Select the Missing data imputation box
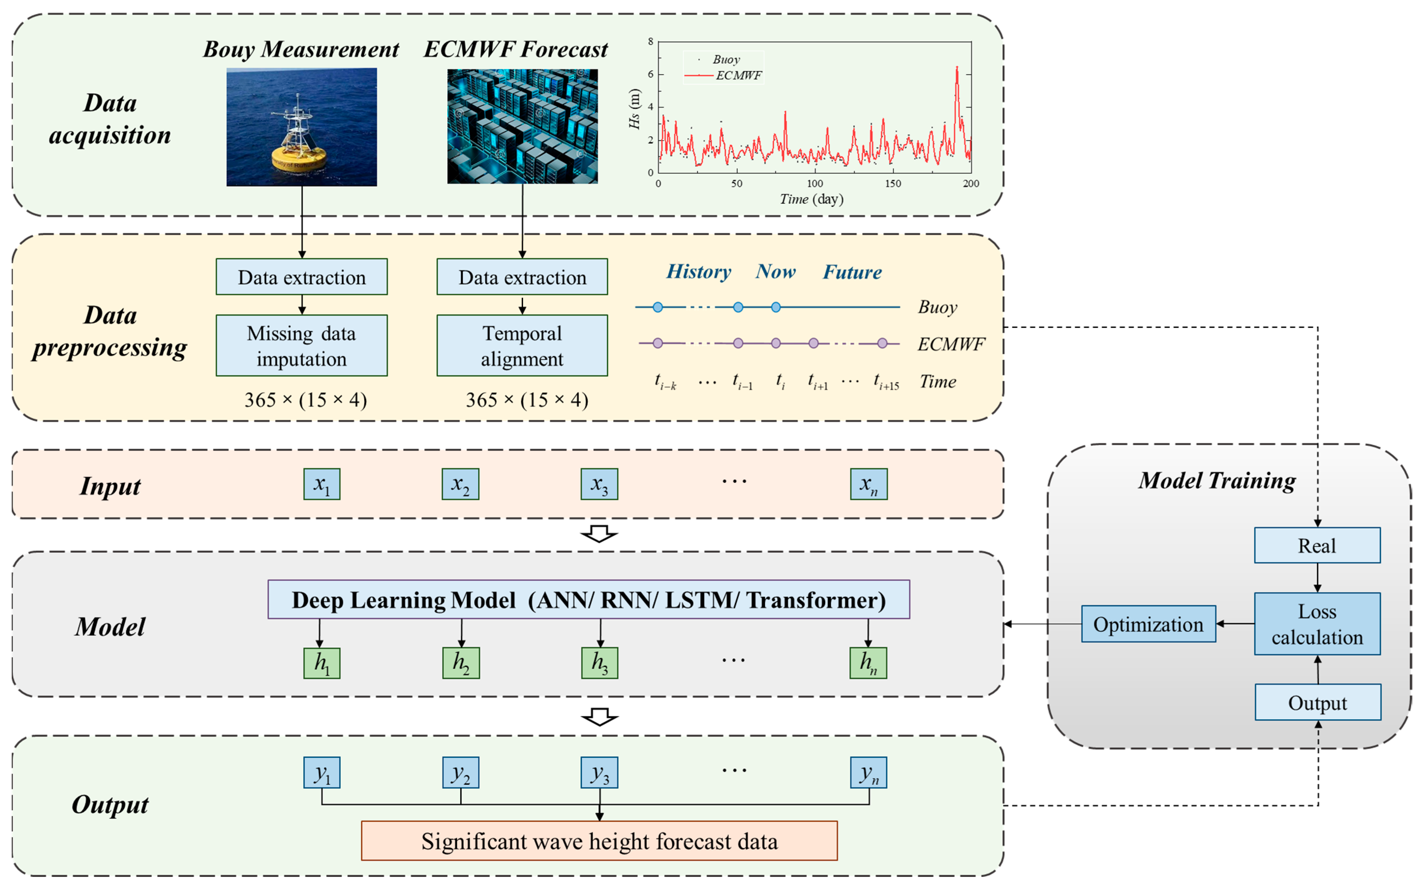[x=302, y=346]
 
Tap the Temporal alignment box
[x=522, y=346]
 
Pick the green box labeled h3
[x=600, y=663]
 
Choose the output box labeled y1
[x=322, y=773]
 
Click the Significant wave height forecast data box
[x=599, y=841]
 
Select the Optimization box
[x=1148, y=624]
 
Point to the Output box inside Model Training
[x=1317, y=703]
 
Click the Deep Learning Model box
[x=588, y=600]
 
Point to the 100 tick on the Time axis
[x=815, y=183]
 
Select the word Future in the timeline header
[x=852, y=272]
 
